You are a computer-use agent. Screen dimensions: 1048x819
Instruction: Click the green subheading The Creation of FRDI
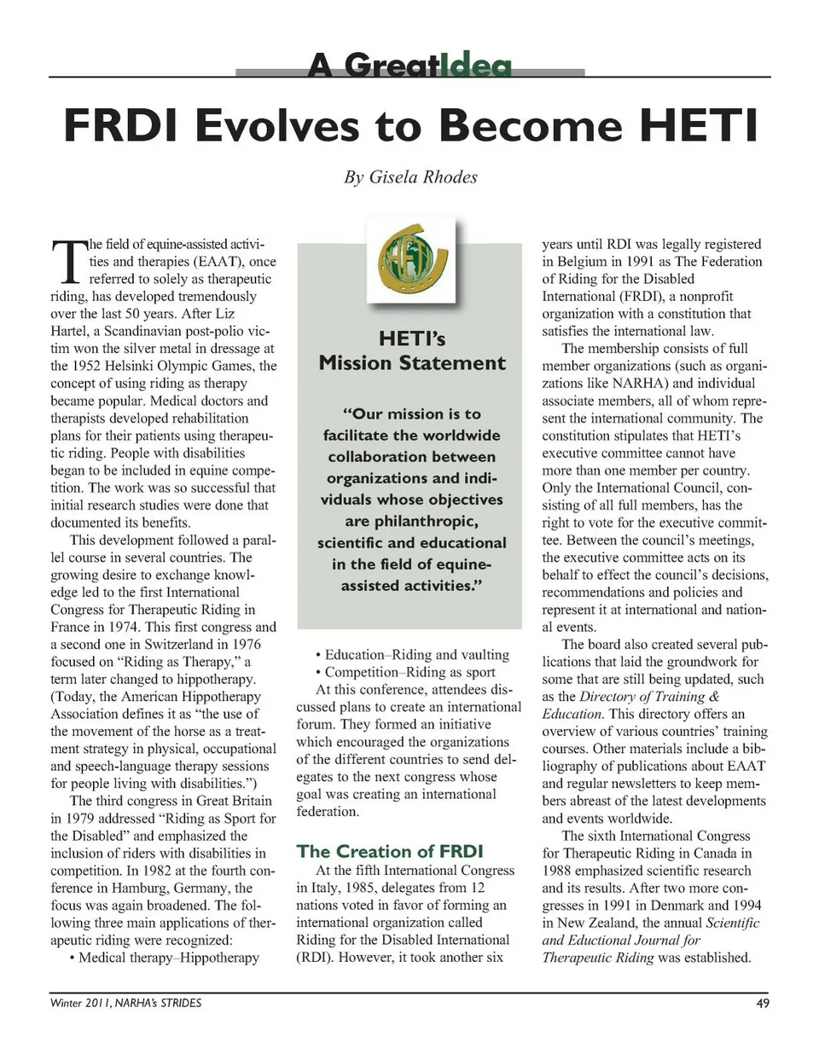click(390, 850)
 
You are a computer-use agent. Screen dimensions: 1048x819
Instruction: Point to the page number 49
click(762, 1003)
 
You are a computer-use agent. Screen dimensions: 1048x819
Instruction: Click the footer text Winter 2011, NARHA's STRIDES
click(126, 1003)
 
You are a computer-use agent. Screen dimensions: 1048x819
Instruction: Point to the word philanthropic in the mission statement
click(409, 520)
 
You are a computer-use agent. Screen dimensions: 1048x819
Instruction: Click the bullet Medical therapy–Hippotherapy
click(163, 957)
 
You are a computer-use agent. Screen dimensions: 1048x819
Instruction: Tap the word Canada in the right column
click(709, 853)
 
